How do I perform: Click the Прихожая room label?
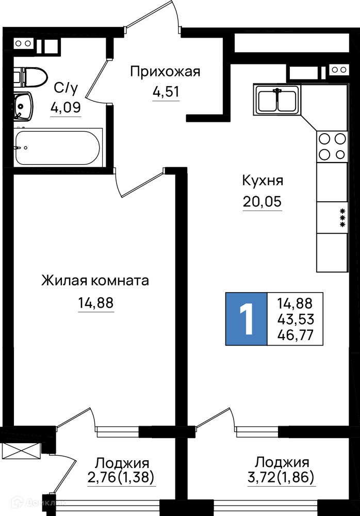(x=165, y=72)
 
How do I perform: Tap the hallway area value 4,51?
(x=166, y=92)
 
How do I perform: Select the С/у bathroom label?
(x=66, y=88)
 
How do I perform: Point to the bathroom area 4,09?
(x=66, y=107)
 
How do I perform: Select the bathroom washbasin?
(x=23, y=106)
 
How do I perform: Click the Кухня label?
(x=263, y=181)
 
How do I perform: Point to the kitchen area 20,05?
(x=263, y=201)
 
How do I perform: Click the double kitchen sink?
(x=277, y=100)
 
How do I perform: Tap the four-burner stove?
(x=332, y=147)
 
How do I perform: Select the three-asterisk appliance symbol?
(x=342, y=218)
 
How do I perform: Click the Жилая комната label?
(x=95, y=281)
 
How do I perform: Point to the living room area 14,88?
(x=96, y=302)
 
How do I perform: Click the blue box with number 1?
(x=246, y=318)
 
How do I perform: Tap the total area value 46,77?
(x=296, y=335)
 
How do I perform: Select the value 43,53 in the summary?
(x=296, y=319)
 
